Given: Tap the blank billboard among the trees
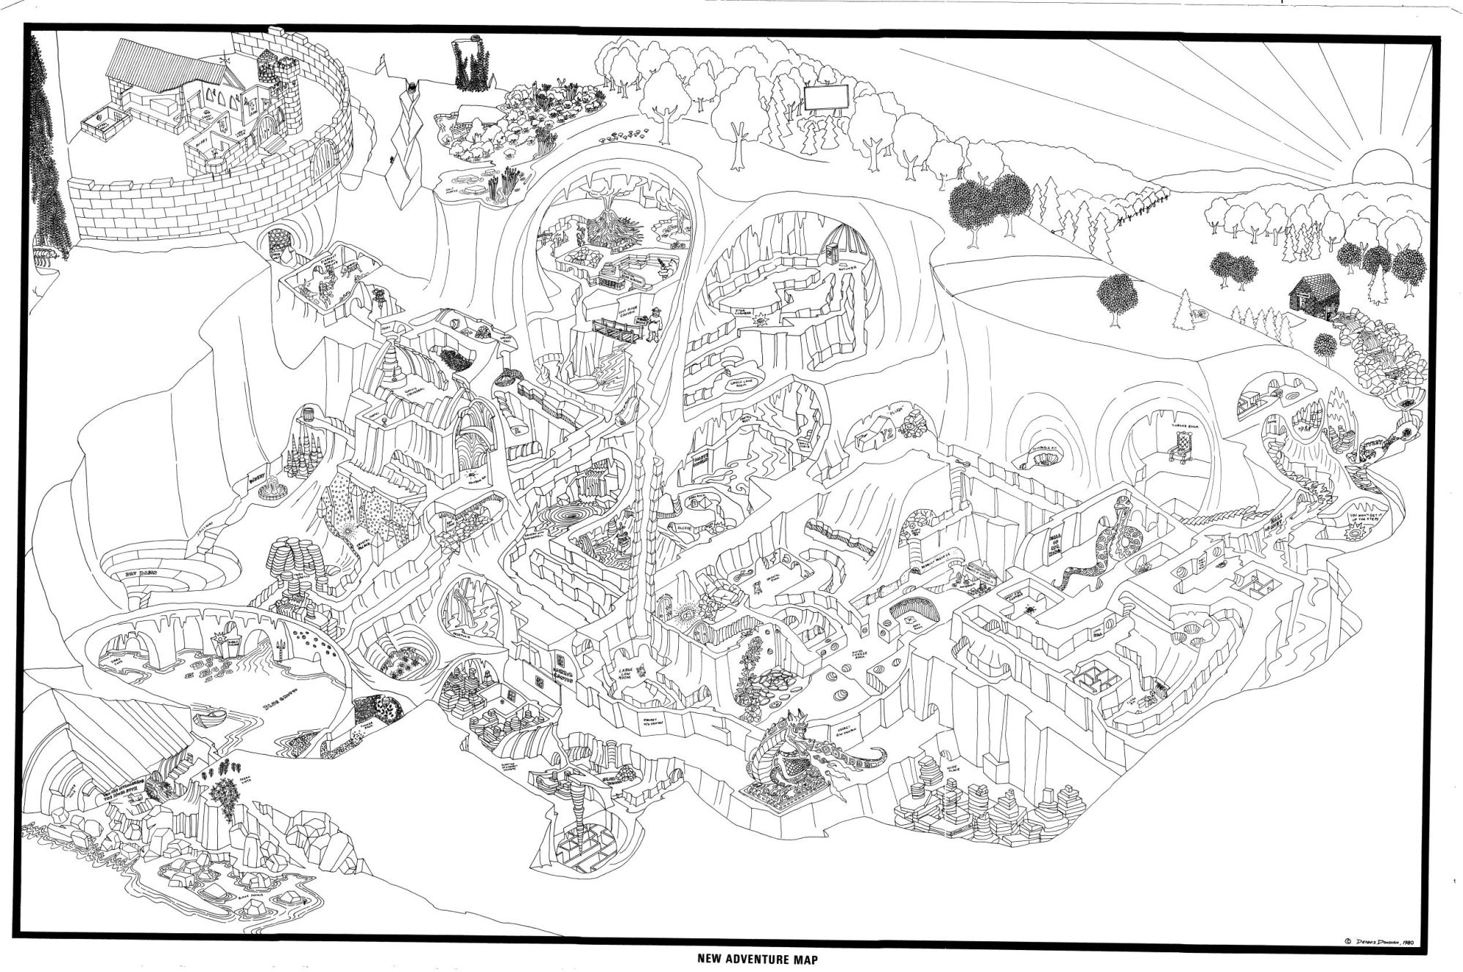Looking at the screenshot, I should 827,97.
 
